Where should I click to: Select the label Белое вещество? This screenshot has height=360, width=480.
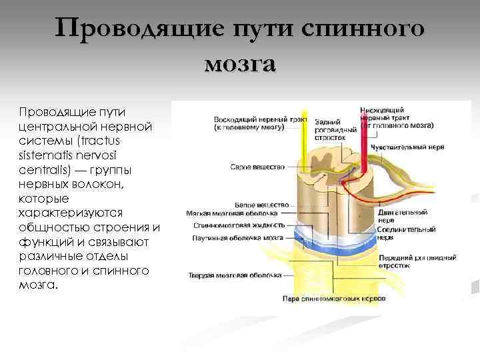(262, 204)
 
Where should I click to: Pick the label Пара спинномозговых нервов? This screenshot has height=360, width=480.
(334, 299)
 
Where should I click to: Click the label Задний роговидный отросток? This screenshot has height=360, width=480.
(330, 129)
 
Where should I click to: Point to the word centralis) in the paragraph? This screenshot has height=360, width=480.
(45, 169)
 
